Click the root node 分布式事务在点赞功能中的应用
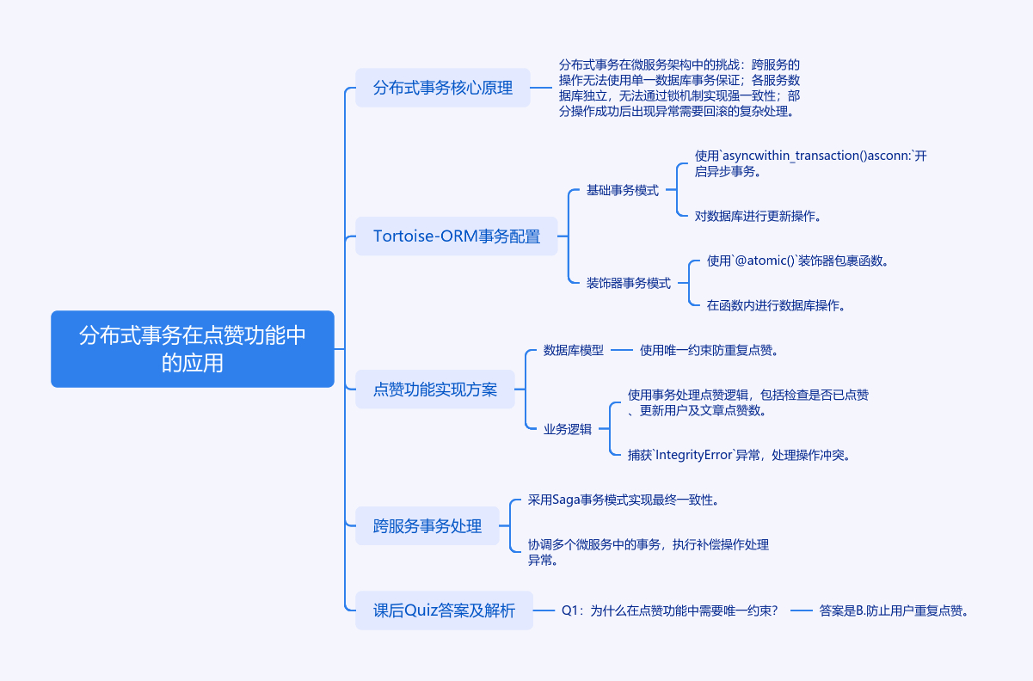point(192,348)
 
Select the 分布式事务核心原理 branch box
point(442,87)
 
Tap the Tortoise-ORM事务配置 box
point(457,236)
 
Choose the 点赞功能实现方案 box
point(435,389)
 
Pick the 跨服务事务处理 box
point(427,525)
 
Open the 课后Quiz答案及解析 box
point(444,610)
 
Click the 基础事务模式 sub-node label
point(622,190)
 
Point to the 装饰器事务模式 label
point(629,283)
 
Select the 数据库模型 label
point(574,350)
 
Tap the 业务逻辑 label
point(568,429)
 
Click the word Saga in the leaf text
point(565,500)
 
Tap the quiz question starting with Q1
point(669,610)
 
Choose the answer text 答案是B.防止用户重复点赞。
point(895,610)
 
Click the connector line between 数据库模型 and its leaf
point(622,350)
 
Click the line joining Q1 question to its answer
point(802,610)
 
